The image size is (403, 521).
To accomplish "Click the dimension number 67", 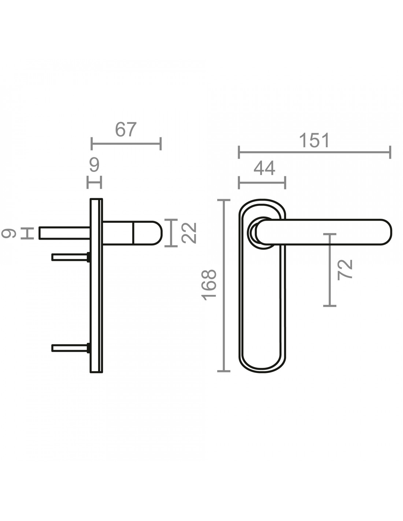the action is (x=126, y=129).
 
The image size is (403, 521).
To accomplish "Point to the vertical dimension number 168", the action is (x=209, y=285).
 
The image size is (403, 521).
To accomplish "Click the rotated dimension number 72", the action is (x=345, y=270).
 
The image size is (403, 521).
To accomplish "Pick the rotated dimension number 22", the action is (x=189, y=233).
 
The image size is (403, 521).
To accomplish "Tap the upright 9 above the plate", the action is (x=94, y=165).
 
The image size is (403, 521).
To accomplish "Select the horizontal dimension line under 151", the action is (x=315, y=152).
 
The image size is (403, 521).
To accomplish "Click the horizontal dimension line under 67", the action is (x=126, y=144).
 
